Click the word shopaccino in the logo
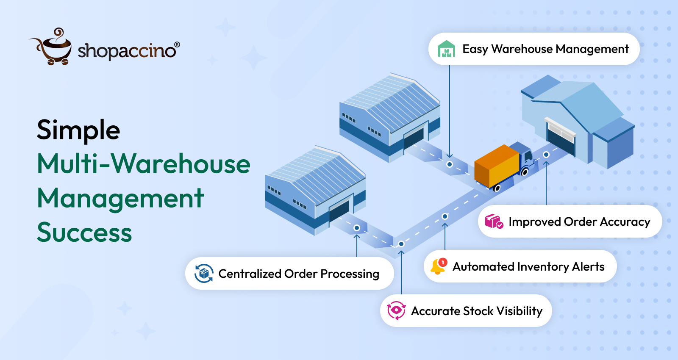126,51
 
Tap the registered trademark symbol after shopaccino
177,44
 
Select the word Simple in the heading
78,130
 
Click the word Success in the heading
84,233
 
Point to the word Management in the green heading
120,198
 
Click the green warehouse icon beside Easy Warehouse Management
446,49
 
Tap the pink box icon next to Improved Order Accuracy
493,222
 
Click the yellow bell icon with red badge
438,267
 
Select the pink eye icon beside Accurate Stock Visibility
396,310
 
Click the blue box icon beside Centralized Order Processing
204,274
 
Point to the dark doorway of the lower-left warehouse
339,210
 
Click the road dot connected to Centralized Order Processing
357,228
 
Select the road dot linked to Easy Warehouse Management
450,164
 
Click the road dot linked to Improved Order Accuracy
546,155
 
